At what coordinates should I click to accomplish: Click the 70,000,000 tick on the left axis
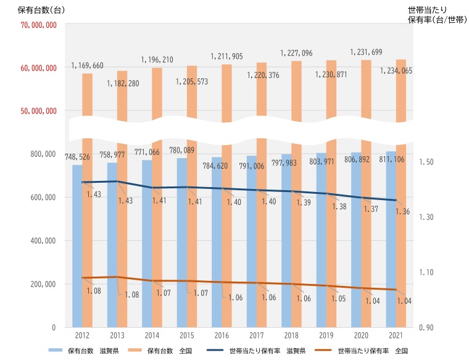pyautogui.click(x=38, y=25)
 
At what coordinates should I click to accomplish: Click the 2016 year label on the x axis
pyautogui.click(x=221, y=336)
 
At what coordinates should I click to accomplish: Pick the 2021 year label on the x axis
pyautogui.click(x=396, y=336)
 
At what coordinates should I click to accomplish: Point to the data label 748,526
pyautogui.click(x=77, y=157)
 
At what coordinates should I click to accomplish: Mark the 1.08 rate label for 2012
pyautogui.click(x=94, y=290)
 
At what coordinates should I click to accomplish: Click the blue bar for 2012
pyautogui.click(x=77, y=247)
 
